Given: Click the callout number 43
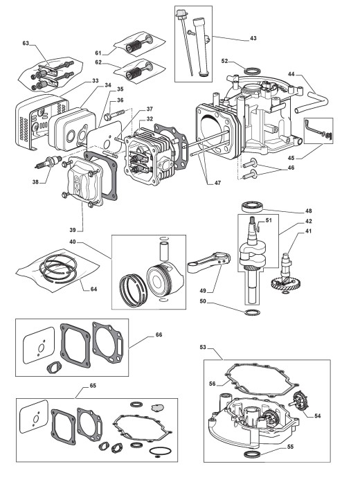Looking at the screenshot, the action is pos(253,38).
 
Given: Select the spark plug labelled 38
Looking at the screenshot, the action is pos(48,162).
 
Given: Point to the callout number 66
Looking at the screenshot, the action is pos(159,334).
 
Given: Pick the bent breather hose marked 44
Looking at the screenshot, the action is pos(312,100).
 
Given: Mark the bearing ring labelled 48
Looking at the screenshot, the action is pos(252,206).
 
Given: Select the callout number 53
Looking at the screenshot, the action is pos(203,347).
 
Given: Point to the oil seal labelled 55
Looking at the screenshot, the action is pos(252,454).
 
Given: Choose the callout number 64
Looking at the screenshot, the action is pos(93,289).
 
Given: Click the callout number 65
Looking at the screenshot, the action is pos(93,386).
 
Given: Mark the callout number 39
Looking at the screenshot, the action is pos(73,230).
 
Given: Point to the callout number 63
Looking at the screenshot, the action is pos(26,43).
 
